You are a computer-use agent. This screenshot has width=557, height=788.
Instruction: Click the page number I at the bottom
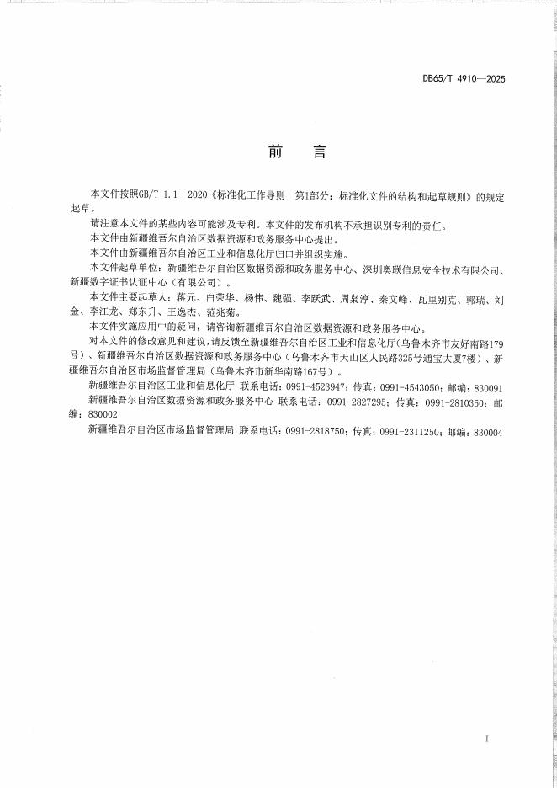487,738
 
